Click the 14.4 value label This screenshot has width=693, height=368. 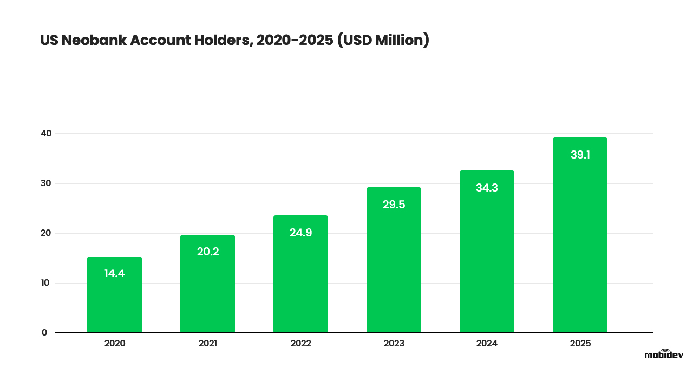(x=114, y=273)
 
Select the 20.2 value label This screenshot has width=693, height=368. (x=207, y=252)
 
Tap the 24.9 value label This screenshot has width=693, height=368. (x=300, y=233)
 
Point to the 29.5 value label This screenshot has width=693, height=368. (x=394, y=205)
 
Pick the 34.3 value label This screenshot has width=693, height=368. (x=487, y=188)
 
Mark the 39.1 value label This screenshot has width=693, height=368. (x=580, y=155)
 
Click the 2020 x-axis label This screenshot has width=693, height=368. (x=114, y=344)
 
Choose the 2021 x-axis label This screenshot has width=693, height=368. (x=207, y=344)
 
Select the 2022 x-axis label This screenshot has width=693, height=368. (x=300, y=344)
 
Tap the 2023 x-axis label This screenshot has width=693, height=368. (x=394, y=344)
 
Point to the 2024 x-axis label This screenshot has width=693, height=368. (x=487, y=344)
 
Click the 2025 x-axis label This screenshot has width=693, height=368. (x=580, y=344)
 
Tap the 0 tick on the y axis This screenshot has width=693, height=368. (x=44, y=332)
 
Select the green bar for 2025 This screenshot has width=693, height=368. (x=580, y=244)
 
